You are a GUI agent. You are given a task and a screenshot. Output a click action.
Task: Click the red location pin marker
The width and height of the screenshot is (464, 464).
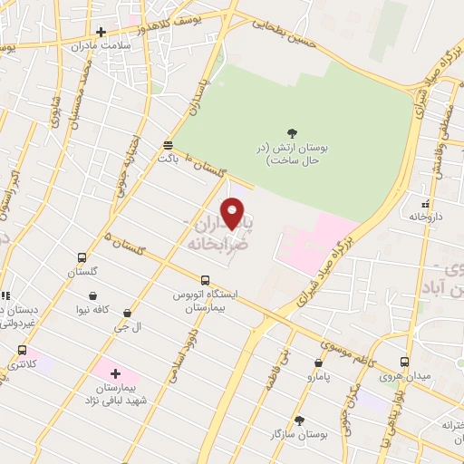233,212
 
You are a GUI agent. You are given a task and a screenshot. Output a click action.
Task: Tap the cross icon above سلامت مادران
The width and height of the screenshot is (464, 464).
101,33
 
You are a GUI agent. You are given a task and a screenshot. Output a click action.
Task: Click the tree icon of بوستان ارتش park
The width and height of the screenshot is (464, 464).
292,132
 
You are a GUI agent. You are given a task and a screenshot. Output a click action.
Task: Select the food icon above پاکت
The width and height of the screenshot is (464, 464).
168,145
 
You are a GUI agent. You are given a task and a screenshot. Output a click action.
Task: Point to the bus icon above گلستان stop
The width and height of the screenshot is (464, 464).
82,257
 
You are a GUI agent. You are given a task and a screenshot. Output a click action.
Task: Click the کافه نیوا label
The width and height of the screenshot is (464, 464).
94,310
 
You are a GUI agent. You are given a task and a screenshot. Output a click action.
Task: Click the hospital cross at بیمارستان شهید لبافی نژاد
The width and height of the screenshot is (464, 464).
115,372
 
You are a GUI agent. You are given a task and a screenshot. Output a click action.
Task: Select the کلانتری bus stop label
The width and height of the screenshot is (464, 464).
23,364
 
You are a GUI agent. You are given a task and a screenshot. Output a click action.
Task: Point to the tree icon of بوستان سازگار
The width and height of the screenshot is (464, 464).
299,420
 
